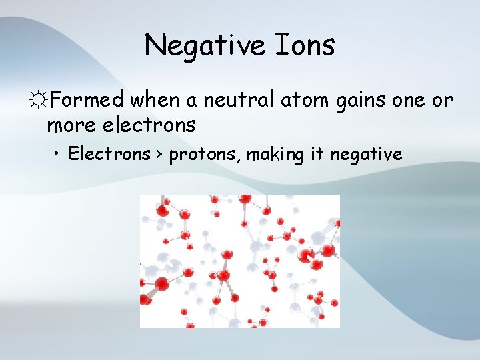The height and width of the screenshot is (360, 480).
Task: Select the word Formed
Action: [x=87, y=101]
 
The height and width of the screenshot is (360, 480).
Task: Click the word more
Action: [x=69, y=125]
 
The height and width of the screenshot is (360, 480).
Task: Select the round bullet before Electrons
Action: [x=59, y=155]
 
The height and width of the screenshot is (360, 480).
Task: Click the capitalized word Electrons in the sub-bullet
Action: [x=109, y=155]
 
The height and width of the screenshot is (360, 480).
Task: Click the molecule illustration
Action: [x=239, y=261]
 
